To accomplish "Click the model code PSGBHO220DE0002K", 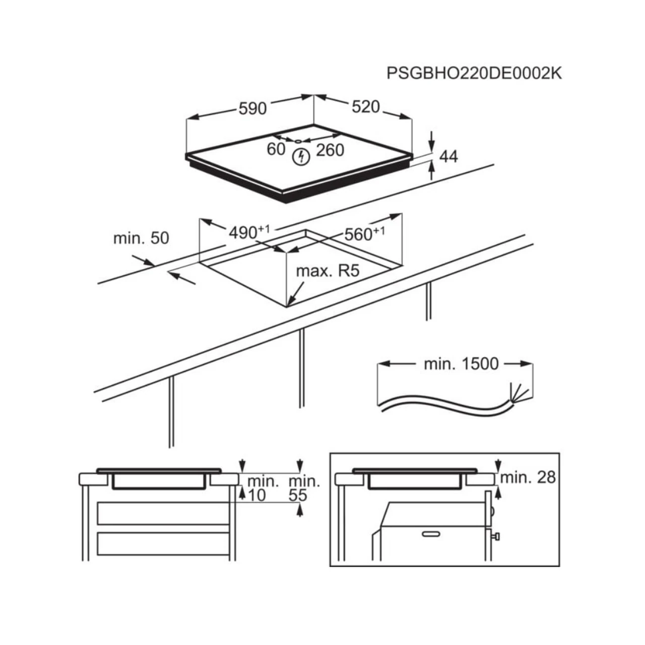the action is tap(474, 74).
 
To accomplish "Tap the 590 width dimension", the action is tap(252, 108).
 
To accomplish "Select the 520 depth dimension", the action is tap(365, 107).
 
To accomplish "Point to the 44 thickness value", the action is tap(448, 157).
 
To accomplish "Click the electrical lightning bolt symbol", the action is tap(301, 157).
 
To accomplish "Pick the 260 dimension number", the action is tap(330, 150).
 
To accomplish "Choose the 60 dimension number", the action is tap(276, 149).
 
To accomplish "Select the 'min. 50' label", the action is tap(141, 238).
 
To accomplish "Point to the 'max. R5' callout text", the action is tap(328, 271).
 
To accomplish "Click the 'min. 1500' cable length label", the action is tap(461, 364).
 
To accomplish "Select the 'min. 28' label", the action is tap(528, 477).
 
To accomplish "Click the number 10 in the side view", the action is tap(256, 495).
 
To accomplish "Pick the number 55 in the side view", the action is tap(298, 495).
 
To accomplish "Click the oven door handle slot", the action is tap(431, 534).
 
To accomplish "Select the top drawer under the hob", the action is tap(163, 513).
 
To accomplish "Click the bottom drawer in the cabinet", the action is tap(163, 544).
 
